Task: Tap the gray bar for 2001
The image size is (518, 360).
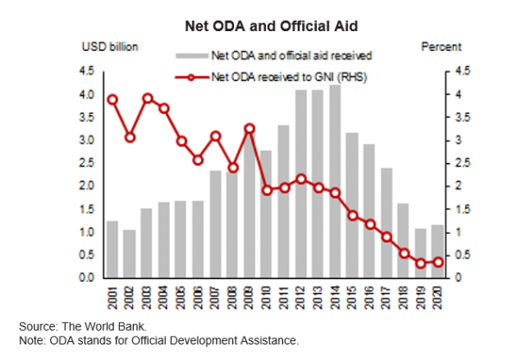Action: coord(112,249)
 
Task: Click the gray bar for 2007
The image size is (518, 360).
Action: coord(216,224)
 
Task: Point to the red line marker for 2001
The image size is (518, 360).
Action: coord(112,99)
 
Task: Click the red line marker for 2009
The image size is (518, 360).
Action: coord(250,129)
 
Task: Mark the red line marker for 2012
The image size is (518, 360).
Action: coord(300,179)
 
